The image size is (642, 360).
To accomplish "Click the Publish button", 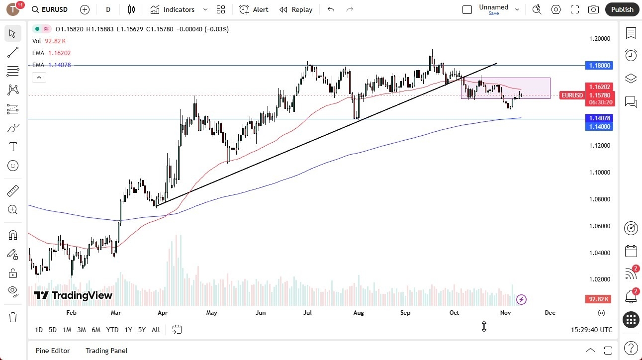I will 622,9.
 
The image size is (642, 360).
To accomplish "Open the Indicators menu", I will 173,9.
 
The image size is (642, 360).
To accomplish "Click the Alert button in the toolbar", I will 254,9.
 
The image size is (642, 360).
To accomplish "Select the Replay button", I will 296,9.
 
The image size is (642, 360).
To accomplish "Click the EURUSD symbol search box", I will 50,9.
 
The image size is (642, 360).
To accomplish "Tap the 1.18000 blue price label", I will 600,65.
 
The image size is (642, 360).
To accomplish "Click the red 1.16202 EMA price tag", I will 600,87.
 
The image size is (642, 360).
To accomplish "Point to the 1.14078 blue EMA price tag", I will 600,118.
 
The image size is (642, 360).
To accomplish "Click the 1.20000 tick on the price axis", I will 600,39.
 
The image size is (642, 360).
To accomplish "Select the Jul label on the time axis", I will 307,313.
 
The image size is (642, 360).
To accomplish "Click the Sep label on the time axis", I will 405,313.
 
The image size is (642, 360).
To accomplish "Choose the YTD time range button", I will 112,330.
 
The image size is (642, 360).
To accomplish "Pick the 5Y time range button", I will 142,330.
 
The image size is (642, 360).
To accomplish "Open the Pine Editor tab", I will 53,351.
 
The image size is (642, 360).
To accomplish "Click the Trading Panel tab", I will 106,351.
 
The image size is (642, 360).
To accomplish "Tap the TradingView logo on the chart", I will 73,295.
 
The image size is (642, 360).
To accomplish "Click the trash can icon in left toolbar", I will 13,317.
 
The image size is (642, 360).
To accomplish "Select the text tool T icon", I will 13,147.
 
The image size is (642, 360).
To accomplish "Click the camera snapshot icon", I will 593,9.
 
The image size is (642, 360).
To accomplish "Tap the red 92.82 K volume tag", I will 598,299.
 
